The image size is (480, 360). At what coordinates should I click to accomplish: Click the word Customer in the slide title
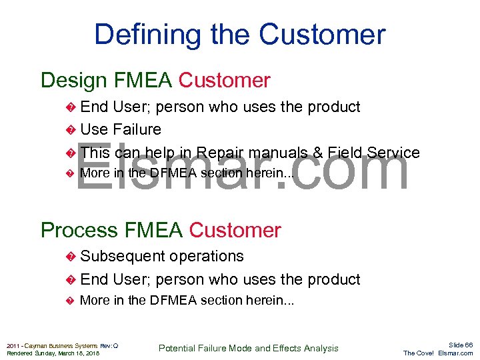322,35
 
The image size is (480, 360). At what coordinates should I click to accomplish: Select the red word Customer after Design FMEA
225,81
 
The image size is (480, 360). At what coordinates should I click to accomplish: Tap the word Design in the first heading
74,81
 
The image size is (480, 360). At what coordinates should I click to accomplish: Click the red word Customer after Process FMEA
235,230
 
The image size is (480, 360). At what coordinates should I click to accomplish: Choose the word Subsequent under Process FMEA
122,257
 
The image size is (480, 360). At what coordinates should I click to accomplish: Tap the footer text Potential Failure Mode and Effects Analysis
248,348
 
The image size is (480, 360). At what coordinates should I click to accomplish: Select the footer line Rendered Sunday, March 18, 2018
53,353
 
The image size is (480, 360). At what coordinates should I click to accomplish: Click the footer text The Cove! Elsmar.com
438,353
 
